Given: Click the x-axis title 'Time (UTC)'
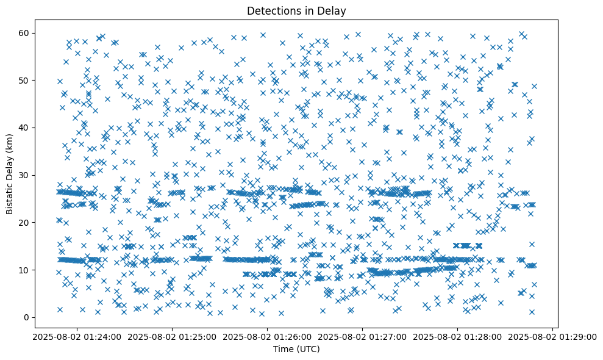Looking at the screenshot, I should [297, 350].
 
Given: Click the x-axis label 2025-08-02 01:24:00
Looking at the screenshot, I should [77, 336].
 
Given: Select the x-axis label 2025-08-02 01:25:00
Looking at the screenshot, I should [173, 336].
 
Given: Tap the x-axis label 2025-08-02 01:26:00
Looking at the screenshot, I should [268, 336].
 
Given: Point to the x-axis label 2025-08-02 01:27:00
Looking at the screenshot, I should [363, 336].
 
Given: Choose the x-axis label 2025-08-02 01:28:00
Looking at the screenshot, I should [458, 336].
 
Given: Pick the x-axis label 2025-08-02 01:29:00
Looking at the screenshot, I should [553, 336].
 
